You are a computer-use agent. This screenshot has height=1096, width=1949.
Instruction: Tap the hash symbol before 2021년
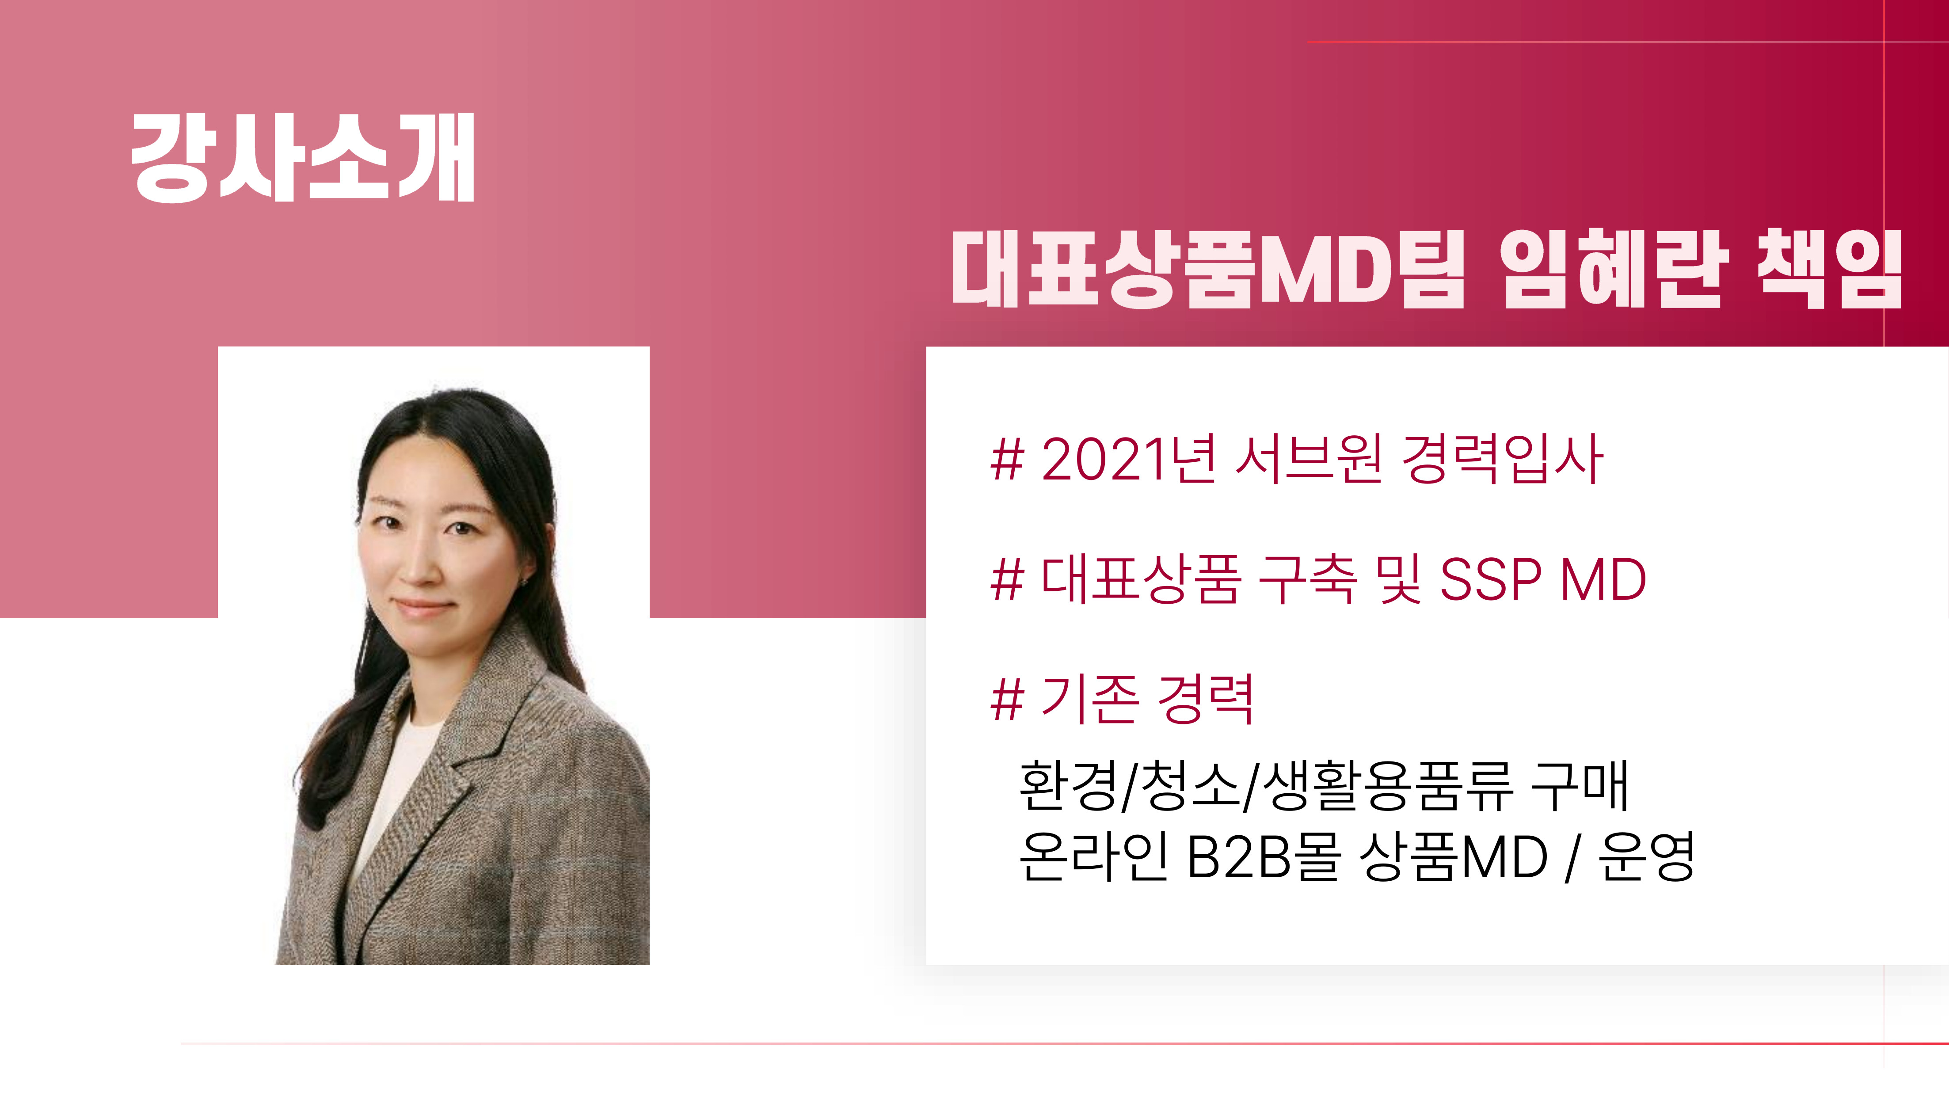coord(1007,459)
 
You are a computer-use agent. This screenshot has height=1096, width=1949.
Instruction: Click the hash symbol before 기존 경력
coord(1007,700)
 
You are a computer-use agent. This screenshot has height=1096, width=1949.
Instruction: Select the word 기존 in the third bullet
coord(1089,700)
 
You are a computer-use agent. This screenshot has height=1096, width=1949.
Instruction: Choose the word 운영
coord(1646,857)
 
